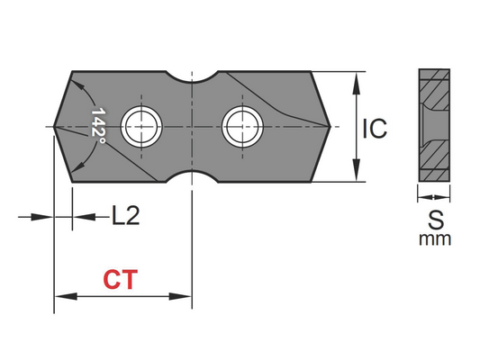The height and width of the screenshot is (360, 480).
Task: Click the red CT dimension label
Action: (x=120, y=280)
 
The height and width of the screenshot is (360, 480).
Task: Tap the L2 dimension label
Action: (x=127, y=216)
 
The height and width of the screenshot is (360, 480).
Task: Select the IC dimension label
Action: (x=375, y=129)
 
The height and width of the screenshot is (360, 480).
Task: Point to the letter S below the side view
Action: (x=435, y=219)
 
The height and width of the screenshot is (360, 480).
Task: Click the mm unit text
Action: (x=435, y=239)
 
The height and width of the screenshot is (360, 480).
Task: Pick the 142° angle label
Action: (x=99, y=127)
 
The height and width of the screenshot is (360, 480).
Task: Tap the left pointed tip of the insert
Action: (x=56, y=126)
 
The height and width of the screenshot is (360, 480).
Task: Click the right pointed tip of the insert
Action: (x=336, y=126)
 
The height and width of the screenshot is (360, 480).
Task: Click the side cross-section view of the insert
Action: (x=435, y=126)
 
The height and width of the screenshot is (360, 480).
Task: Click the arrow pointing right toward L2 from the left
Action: (x=48, y=216)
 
